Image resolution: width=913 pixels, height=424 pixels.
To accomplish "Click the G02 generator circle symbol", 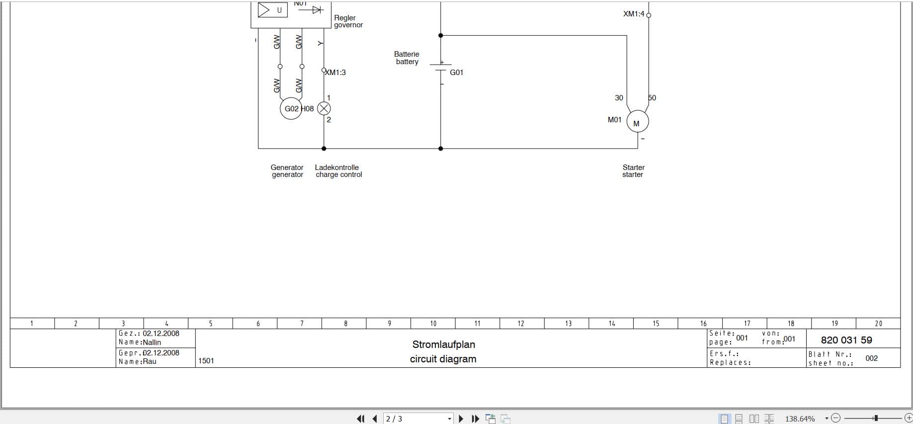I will pyautogui.click(x=291, y=108).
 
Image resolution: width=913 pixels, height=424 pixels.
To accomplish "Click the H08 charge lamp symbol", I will pyautogui.click(x=324, y=108).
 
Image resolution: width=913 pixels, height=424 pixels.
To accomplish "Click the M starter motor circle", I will pyautogui.click(x=637, y=122).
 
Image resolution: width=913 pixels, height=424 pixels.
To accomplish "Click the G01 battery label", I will pyautogui.click(x=456, y=73).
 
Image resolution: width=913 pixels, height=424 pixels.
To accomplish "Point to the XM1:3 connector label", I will pyautogui.click(x=335, y=73).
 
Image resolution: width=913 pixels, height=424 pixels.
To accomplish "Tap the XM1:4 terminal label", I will pyautogui.click(x=634, y=14).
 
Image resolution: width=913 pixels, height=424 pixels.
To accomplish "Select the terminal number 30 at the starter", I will pyautogui.click(x=619, y=98).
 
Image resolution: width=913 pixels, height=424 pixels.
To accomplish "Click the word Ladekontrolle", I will pyautogui.click(x=336, y=168).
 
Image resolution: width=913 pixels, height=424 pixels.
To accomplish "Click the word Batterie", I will pyautogui.click(x=407, y=54).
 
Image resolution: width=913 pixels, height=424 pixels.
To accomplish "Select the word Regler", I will pyautogui.click(x=345, y=18).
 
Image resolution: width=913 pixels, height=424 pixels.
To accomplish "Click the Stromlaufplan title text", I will pyautogui.click(x=443, y=344).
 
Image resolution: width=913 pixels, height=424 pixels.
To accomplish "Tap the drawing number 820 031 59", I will pyautogui.click(x=846, y=340).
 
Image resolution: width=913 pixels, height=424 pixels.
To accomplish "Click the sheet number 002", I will pyautogui.click(x=871, y=358).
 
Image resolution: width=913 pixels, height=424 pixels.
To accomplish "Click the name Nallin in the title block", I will pyautogui.click(x=152, y=342).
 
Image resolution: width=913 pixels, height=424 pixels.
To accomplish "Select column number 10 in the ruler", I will pyautogui.click(x=433, y=324).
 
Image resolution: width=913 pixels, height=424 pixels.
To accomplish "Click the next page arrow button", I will pyautogui.click(x=461, y=419).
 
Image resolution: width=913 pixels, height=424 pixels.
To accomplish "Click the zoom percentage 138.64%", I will pyautogui.click(x=800, y=419).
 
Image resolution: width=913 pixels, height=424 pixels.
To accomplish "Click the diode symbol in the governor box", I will pyautogui.click(x=316, y=9).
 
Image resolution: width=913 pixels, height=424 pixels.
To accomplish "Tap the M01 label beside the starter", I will pyautogui.click(x=614, y=120).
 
